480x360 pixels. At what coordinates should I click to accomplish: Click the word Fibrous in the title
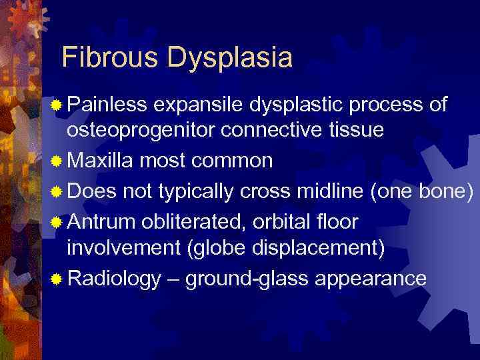click(109, 57)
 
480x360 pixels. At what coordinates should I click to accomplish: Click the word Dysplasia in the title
click(229, 59)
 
